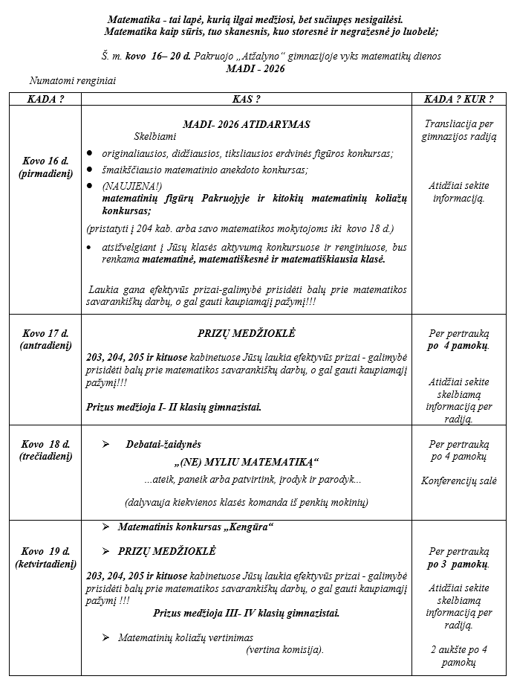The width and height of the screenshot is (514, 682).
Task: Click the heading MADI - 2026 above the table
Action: point(256,68)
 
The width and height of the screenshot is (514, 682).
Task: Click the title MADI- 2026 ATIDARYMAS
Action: point(246,124)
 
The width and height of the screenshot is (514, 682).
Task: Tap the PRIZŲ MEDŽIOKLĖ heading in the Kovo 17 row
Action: point(246,334)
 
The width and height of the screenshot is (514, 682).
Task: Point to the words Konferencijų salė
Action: point(458,481)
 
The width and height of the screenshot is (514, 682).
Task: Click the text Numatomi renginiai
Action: point(74,80)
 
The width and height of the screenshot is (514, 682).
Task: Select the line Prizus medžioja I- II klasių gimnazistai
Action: point(174,407)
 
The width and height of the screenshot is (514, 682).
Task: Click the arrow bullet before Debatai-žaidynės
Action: point(105,444)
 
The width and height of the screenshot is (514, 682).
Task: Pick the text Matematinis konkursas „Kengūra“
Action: point(196,527)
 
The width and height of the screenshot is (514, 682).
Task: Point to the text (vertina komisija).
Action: point(284,649)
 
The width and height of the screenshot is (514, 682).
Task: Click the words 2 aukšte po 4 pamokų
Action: point(458,655)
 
